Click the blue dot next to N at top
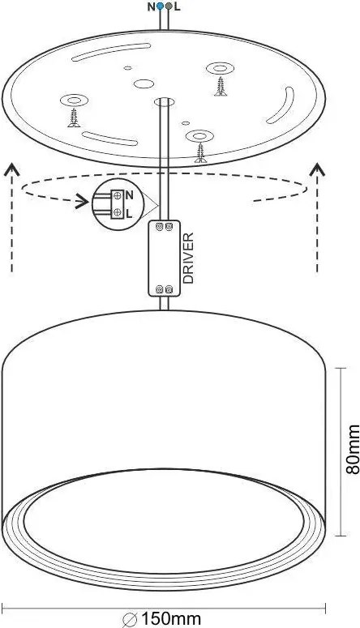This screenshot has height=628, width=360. [x=161, y=6]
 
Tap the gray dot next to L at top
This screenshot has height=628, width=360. [x=169, y=6]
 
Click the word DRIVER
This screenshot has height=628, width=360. [x=188, y=258]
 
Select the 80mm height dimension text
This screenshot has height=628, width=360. [x=353, y=450]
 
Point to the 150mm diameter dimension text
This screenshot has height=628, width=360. [x=171, y=619]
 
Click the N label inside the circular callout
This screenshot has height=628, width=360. [x=129, y=195]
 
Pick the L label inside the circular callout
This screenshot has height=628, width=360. [x=129, y=214]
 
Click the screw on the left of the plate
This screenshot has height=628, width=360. [x=74, y=117]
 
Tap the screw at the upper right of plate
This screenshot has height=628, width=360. [x=221, y=86]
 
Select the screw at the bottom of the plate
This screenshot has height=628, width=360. [x=200, y=153]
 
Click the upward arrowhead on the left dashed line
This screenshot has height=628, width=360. [x=11, y=170]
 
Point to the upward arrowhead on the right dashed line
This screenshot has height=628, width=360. [x=318, y=169]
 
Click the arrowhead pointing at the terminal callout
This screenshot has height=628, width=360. [x=83, y=202]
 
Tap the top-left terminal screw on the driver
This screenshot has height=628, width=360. [x=159, y=227]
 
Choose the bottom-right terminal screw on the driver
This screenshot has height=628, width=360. [x=169, y=288]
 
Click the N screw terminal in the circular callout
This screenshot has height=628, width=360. [x=118, y=195]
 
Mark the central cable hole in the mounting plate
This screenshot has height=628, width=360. [x=165, y=102]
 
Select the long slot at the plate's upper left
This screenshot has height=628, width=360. [x=111, y=52]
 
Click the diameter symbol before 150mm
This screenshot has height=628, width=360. [x=131, y=619]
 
